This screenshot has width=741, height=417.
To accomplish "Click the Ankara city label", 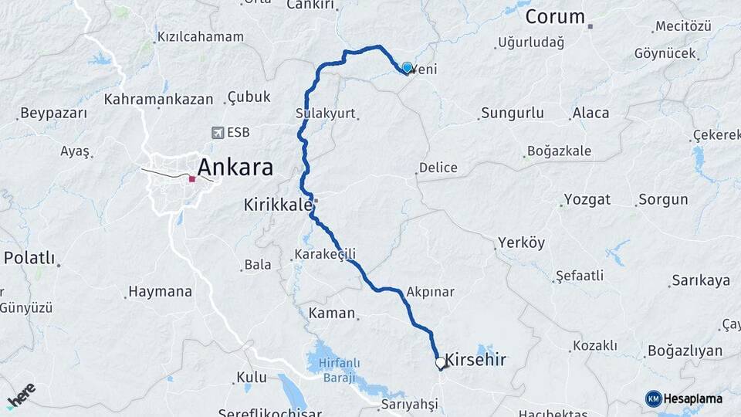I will point(235,167).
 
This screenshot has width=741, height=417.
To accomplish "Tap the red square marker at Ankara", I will point(192,178).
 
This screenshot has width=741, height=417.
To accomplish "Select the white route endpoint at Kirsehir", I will point(440,362).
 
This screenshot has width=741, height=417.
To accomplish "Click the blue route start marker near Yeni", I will point(407,67).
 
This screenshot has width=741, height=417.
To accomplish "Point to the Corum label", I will point(555,16).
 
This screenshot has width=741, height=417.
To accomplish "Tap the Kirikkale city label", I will point(278,205).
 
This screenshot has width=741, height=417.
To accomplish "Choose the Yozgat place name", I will point(587,199).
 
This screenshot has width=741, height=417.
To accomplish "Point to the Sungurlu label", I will point(512,114).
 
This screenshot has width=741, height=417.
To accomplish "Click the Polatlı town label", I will point(29,258).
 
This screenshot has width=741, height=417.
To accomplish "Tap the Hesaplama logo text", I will point(692,398).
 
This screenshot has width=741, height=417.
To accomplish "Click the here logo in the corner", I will point(21,395).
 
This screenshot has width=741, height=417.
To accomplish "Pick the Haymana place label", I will point(160,292).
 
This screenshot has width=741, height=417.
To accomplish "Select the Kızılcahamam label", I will point(200,36).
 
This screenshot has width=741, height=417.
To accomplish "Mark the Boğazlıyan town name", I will point(685,351).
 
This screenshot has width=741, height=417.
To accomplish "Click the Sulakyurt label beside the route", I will point(325,114).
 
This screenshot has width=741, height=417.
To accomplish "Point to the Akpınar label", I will point(430,292).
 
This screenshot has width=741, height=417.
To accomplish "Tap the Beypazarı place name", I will point(53,114).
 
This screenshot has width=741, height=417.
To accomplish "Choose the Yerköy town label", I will point(521,242).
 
